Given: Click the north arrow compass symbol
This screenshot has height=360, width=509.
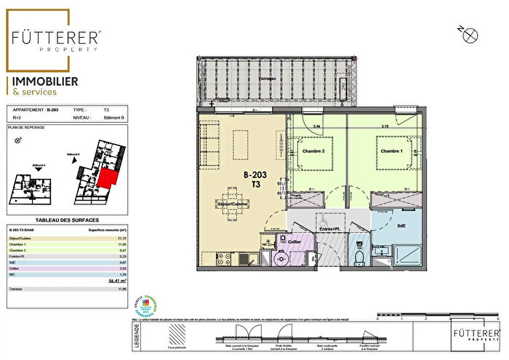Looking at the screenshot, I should click(x=471, y=33).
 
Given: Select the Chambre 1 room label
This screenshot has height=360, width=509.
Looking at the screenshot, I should click(x=391, y=151).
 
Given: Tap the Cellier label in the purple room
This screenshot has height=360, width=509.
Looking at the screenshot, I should click(x=294, y=241).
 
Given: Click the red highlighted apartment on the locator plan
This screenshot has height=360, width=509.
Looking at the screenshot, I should click(x=108, y=178).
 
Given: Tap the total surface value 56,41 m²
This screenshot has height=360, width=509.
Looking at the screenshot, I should click(x=116, y=279).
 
